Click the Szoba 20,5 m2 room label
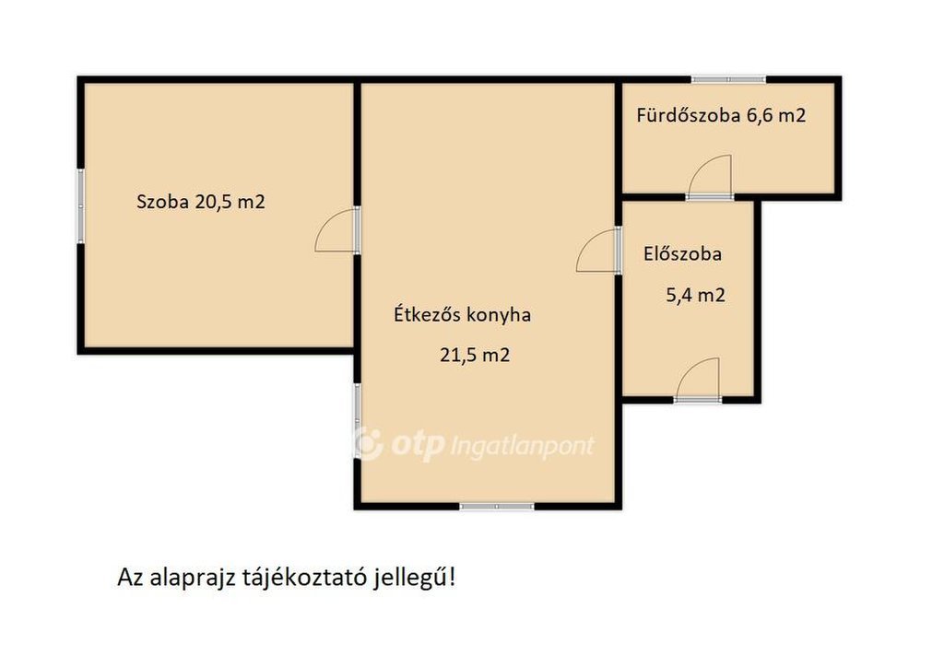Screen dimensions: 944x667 click(200, 202)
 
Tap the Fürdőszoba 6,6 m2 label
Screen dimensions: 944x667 click(721, 115)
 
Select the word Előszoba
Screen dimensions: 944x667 click(682, 253)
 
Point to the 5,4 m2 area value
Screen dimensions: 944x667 click(695, 296)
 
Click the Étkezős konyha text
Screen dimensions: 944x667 click(463, 314)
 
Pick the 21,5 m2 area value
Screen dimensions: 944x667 click(475, 355)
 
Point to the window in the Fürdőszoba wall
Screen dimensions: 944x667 click(728, 79)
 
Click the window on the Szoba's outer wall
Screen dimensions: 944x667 click(80, 206)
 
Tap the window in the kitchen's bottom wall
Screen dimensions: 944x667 click(497, 507)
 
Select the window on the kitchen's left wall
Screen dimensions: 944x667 click(357, 421)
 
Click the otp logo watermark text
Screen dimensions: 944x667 click(418, 446)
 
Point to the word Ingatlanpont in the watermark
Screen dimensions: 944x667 click(523, 447)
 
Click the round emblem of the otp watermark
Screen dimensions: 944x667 click(367, 444)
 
